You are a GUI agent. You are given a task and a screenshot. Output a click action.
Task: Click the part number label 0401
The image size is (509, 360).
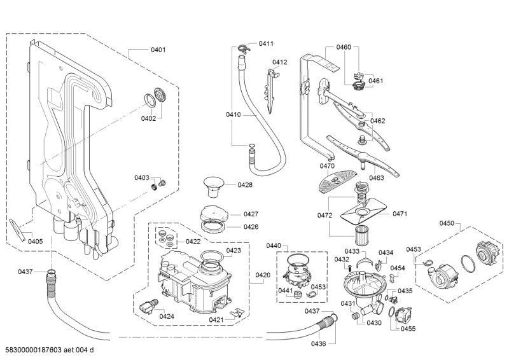click(x=158, y=49)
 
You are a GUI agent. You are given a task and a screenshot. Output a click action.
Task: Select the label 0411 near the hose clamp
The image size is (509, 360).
click(x=266, y=43)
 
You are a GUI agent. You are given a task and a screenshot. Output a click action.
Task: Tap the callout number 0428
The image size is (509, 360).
click(x=245, y=184)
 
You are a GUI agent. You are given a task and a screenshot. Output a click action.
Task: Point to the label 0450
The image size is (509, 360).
click(x=447, y=223)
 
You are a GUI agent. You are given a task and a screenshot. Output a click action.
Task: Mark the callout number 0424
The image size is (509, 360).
click(x=167, y=316)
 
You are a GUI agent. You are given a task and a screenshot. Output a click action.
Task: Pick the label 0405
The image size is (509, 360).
click(x=35, y=241)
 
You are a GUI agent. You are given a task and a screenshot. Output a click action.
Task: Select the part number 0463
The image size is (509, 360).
click(x=376, y=178)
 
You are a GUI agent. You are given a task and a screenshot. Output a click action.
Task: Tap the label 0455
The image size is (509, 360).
click(x=408, y=328)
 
